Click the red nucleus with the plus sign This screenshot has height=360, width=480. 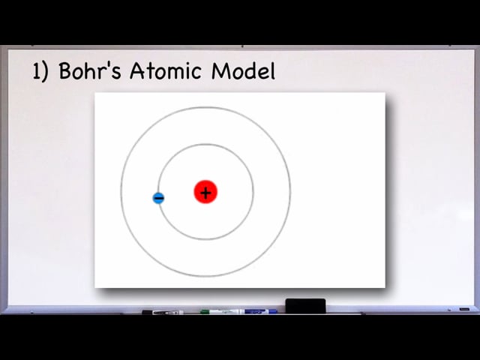(x=205, y=192)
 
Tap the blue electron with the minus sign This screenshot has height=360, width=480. (x=158, y=198)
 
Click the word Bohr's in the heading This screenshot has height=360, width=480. (x=90, y=71)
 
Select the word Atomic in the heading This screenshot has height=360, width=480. (x=166, y=70)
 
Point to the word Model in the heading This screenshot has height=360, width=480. (x=243, y=71)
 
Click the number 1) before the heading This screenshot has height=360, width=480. (x=40, y=72)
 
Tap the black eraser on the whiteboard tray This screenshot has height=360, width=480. (x=305, y=305)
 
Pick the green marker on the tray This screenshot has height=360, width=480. (x=220, y=312)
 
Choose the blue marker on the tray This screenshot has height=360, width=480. (x=259, y=312)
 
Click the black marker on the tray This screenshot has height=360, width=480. (x=163, y=312)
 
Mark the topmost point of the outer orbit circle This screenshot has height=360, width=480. (x=205, y=107)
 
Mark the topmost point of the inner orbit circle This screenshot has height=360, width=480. (x=205, y=145)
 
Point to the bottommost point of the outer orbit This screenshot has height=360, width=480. (x=205, y=277)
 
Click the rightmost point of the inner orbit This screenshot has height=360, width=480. (x=253, y=192)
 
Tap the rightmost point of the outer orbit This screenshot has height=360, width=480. (x=290, y=192)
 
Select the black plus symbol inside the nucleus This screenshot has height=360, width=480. (x=205, y=193)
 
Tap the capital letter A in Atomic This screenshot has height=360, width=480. (x=137, y=70)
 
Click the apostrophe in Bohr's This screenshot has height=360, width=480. (x=107, y=66)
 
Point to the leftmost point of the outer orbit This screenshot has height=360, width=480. (x=121, y=192)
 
